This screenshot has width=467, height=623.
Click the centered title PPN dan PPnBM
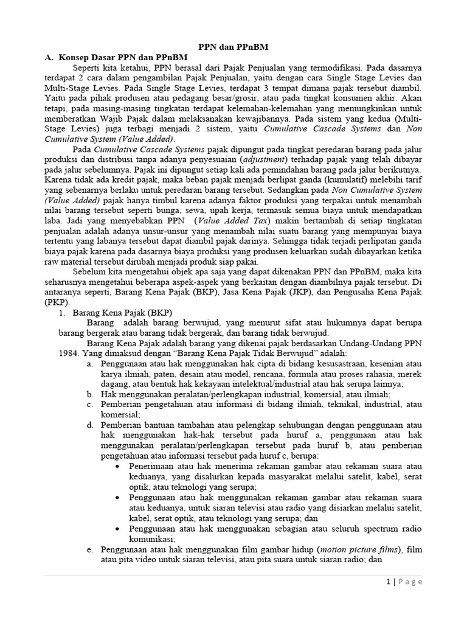(233, 46)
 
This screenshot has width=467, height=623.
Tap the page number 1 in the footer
(387, 581)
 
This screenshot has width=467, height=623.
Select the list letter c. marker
(89, 403)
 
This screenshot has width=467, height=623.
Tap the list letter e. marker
(89, 549)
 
